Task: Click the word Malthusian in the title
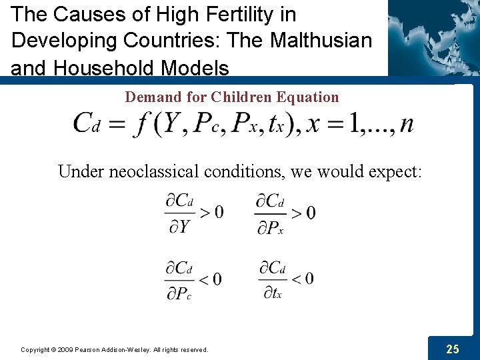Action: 321,40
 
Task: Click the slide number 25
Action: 453,348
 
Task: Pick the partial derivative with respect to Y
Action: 180,213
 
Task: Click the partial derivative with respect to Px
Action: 271,213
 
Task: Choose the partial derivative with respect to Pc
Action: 180,279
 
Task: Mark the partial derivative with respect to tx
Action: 272,279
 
